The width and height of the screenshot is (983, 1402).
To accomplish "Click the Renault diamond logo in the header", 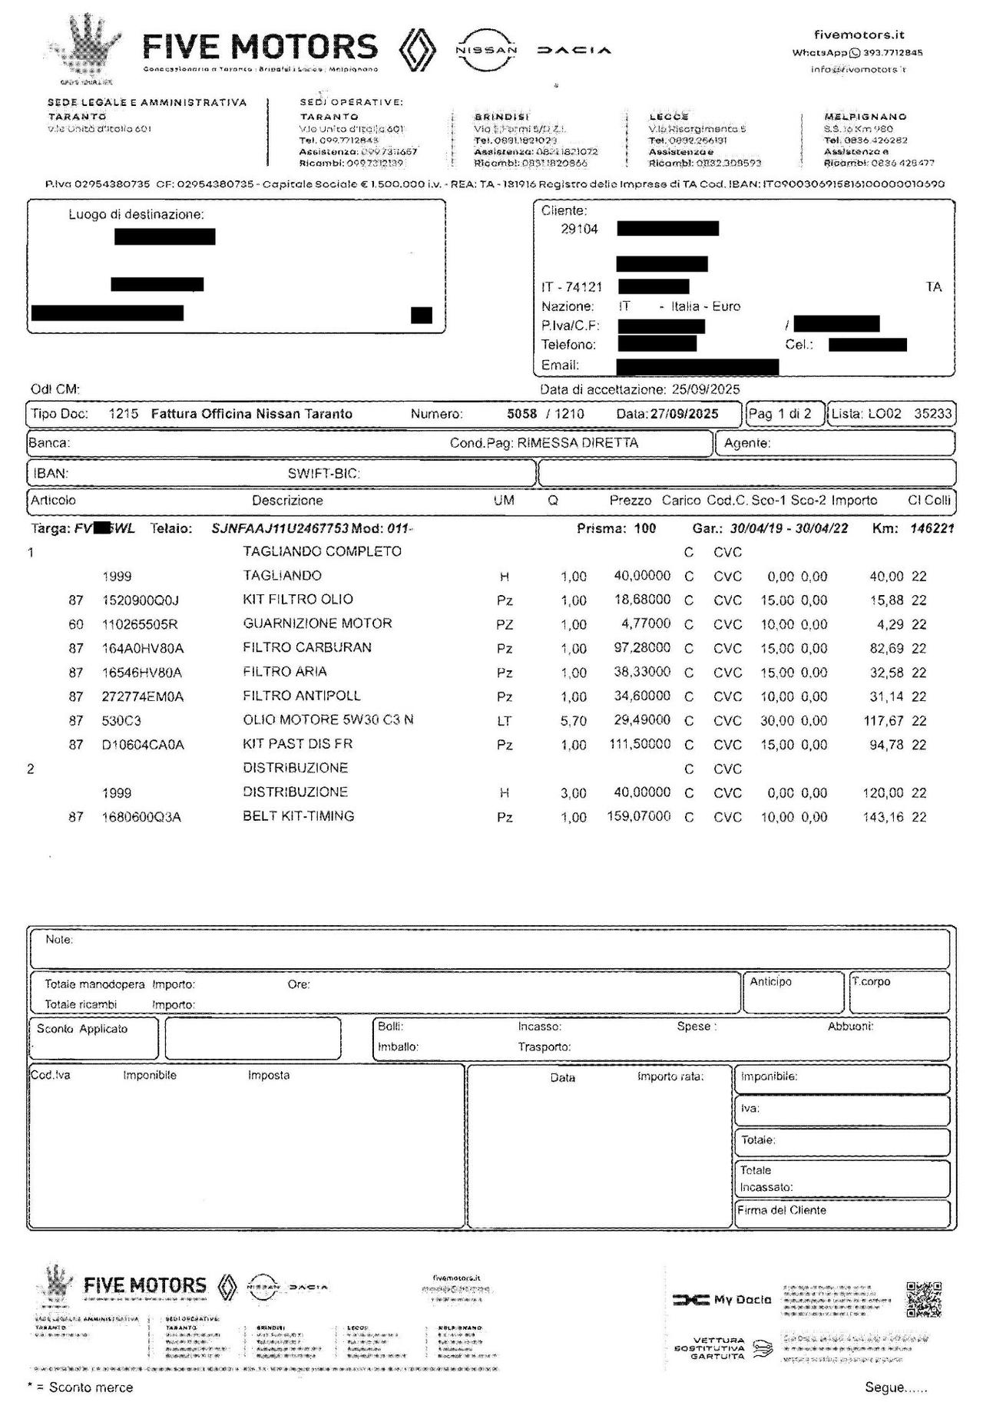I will coord(418,50).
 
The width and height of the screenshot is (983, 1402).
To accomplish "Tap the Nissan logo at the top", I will coord(487,50).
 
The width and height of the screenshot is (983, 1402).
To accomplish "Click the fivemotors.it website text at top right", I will coord(859,35).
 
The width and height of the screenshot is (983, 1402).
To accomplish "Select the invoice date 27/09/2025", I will coord(684,414).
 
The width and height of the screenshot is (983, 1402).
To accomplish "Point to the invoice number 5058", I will coord(521,414).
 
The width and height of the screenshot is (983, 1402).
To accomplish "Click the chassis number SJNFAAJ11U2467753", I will coord(280,528).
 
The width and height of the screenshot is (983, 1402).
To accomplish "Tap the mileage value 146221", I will coord(932,528).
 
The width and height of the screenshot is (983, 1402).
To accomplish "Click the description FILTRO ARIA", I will coord(285,672).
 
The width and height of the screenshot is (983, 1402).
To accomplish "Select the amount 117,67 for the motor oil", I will coord(886,721).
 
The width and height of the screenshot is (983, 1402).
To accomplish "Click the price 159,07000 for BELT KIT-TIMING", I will coord(639,816).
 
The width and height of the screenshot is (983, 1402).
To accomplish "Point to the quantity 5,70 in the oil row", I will coord(573,721).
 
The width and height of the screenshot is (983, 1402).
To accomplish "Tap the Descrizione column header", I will coord(287,501).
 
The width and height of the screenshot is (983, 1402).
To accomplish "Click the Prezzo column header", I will coord(631,501).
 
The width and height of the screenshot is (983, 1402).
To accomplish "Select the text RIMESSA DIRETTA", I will coord(578,443).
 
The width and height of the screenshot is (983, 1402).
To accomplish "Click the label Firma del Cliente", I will coord(782,1210).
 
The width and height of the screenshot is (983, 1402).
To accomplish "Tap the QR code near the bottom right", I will coord(923,1299).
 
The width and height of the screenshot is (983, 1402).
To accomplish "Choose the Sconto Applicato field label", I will coord(82,1029).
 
